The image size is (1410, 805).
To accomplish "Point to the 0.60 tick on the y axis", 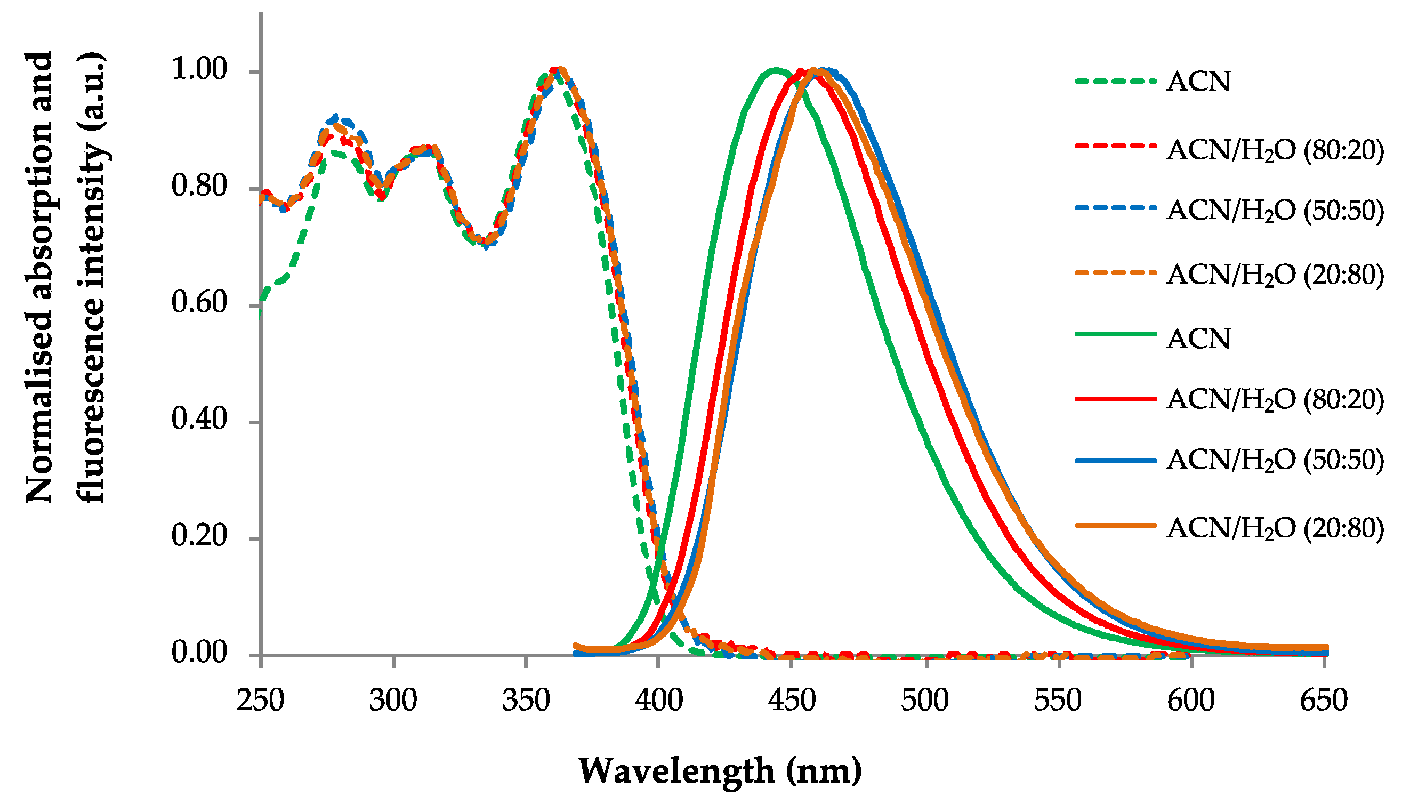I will (x=199, y=302).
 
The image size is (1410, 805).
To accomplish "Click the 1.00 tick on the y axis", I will (x=199, y=70).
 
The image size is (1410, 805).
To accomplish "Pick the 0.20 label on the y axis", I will (x=199, y=536).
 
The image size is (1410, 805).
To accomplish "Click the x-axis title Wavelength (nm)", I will (x=720, y=771).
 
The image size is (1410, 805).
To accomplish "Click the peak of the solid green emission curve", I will (x=776, y=70).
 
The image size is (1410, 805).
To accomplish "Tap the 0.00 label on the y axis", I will (x=199, y=653).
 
